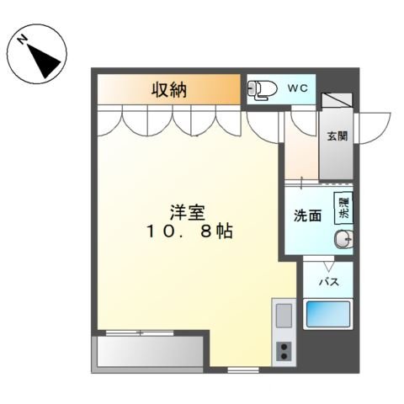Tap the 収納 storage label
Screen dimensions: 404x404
pyautogui.click(x=168, y=89)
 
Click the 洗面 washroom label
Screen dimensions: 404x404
pyautogui.click(x=307, y=215)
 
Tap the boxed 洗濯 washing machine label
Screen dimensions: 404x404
pyautogui.click(x=343, y=208)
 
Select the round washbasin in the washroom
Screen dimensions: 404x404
pyautogui.click(x=343, y=241)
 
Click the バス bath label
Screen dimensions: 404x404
pyautogui.click(x=328, y=282)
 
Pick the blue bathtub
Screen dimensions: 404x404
pyautogui.click(x=328, y=315)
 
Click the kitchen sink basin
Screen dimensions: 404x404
pyautogui.click(x=284, y=316)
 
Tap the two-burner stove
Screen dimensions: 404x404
pyautogui.click(x=284, y=351)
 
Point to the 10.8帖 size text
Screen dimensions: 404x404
pyautogui.click(x=187, y=230)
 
